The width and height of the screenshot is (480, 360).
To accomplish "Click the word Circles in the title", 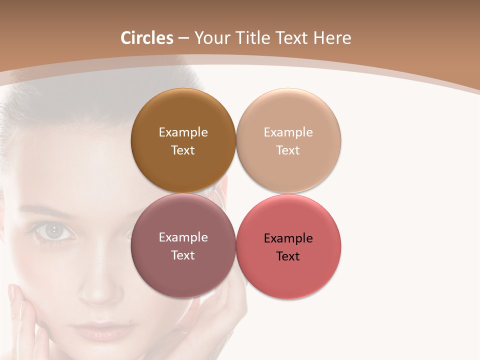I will (x=147, y=38).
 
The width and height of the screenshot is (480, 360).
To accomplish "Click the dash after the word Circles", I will (x=183, y=38).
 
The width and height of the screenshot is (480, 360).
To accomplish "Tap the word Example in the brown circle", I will (x=183, y=132).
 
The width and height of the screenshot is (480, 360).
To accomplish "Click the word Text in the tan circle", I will (x=288, y=150).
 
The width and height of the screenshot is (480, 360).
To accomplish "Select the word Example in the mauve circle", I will (x=183, y=237).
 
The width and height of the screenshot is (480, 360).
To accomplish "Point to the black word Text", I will (x=288, y=256).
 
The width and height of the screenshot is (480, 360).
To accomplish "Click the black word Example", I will (x=288, y=238).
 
